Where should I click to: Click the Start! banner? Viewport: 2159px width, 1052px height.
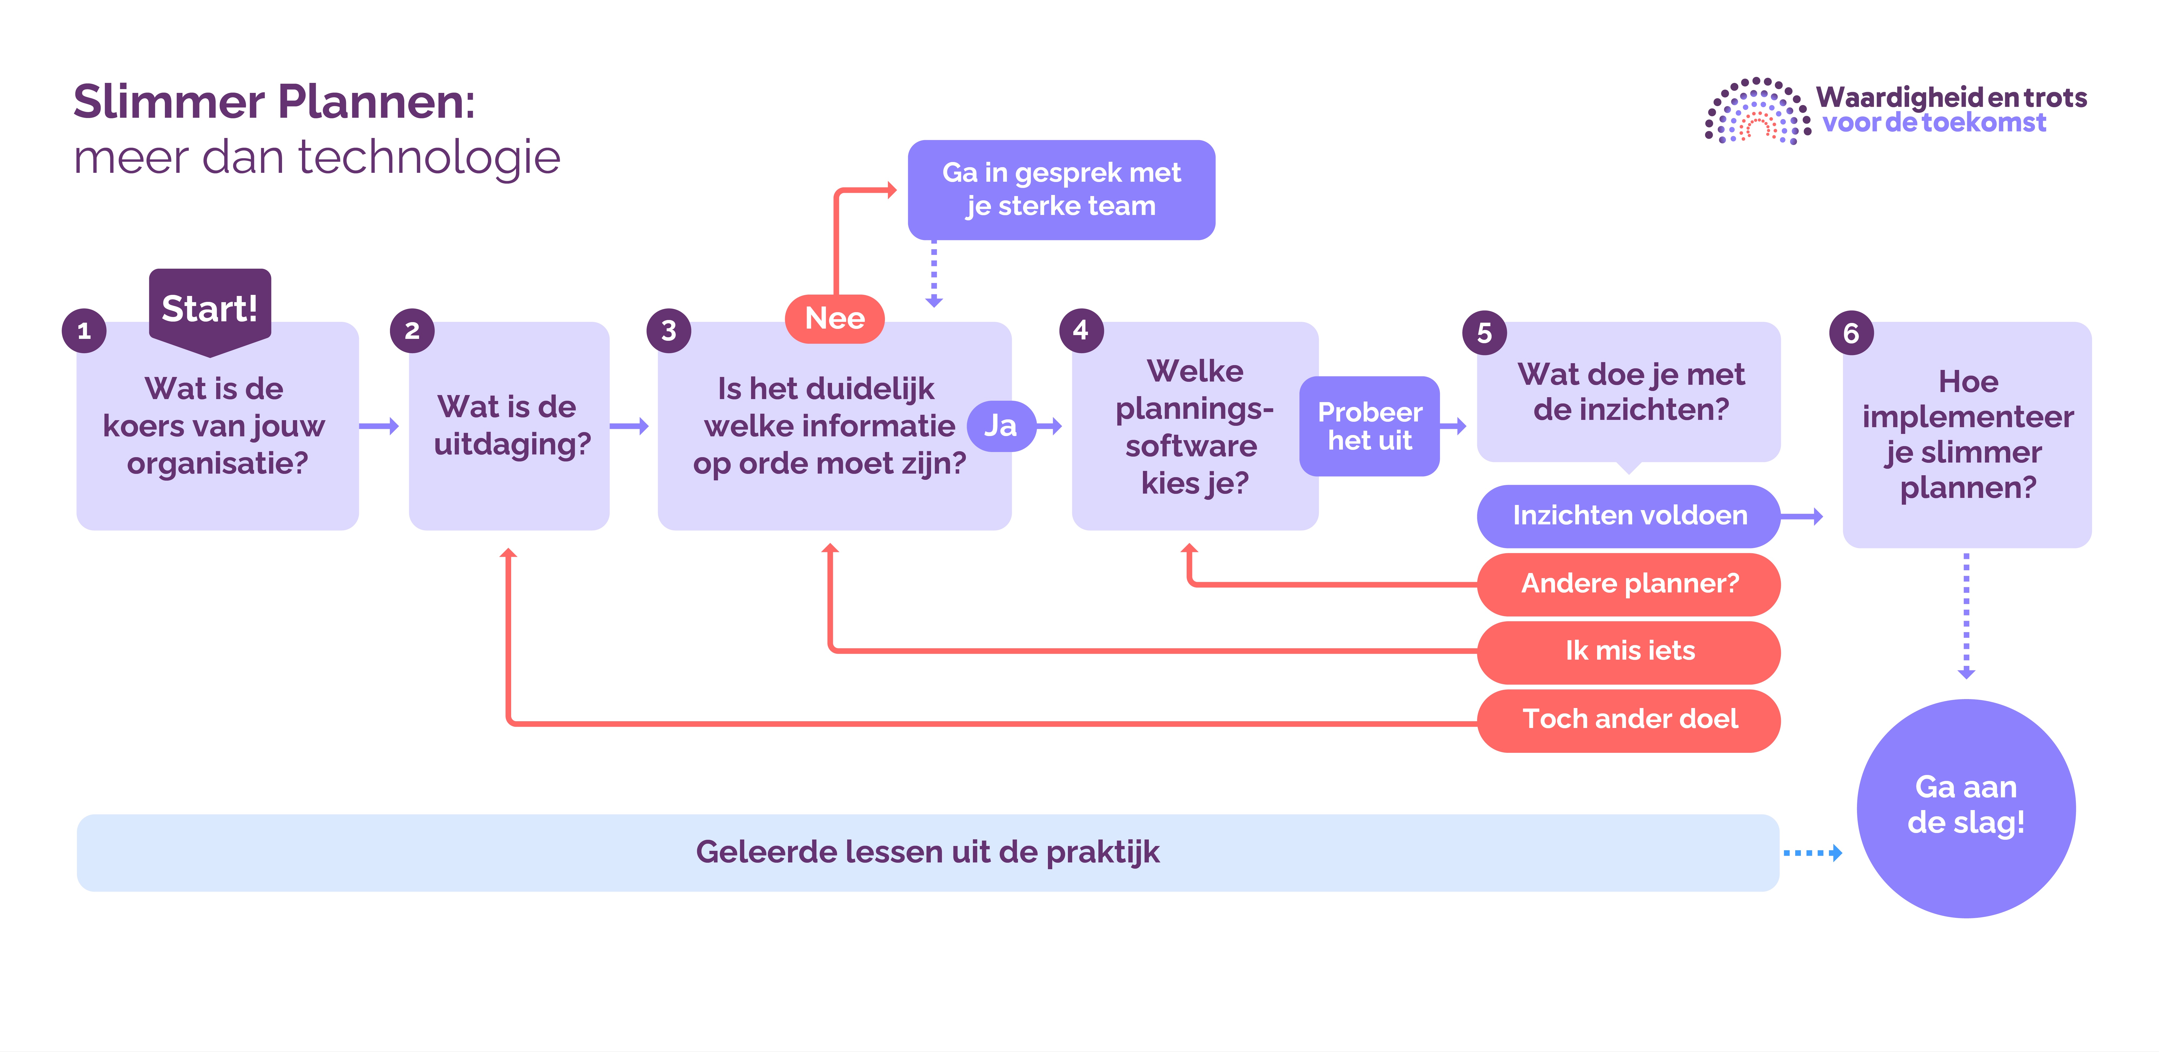(209, 308)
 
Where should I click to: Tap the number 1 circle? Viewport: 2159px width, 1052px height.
(84, 331)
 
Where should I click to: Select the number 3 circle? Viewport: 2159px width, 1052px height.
(668, 331)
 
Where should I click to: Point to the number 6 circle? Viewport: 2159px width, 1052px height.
(1851, 333)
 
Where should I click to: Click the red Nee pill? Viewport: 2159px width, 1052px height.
(835, 319)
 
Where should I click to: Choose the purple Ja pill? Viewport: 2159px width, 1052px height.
(1001, 426)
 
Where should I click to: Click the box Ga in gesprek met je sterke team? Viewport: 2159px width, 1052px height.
(1061, 190)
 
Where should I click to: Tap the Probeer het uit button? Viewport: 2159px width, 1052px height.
(1370, 426)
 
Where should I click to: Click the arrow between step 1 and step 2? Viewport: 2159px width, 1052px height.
(379, 426)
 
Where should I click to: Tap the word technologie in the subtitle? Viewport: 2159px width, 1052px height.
(429, 158)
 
